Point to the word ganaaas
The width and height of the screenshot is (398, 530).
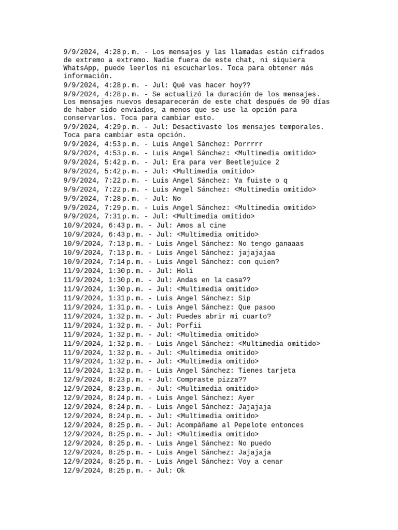click(x=287, y=244)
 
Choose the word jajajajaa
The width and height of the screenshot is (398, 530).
click(x=257, y=253)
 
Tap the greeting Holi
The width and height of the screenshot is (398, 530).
click(x=184, y=271)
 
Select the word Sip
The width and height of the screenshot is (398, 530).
click(x=244, y=298)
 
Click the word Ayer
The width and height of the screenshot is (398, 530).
click(x=246, y=398)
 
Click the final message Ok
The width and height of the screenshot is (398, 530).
click(x=180, y=470)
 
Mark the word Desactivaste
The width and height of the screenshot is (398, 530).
click(x=197, y=126)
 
